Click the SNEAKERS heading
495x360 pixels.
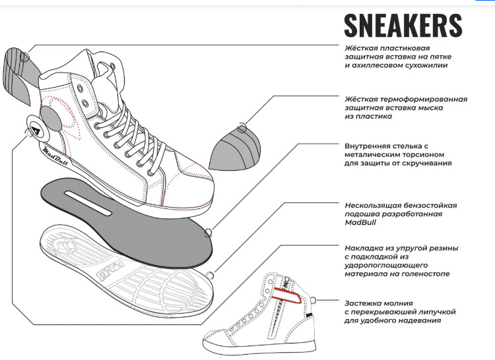403,25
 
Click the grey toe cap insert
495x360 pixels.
235,149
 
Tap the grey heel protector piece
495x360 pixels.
20,75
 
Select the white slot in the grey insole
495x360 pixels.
88,203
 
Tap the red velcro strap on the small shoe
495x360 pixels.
287,295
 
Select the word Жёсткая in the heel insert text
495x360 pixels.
360,48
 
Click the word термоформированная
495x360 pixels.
423,100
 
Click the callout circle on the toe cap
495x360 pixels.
242,128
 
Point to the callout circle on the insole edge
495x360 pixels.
208,233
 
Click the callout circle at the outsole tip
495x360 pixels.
210,276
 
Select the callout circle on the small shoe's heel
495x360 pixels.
313,299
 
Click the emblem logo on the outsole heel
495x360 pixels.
62,245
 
